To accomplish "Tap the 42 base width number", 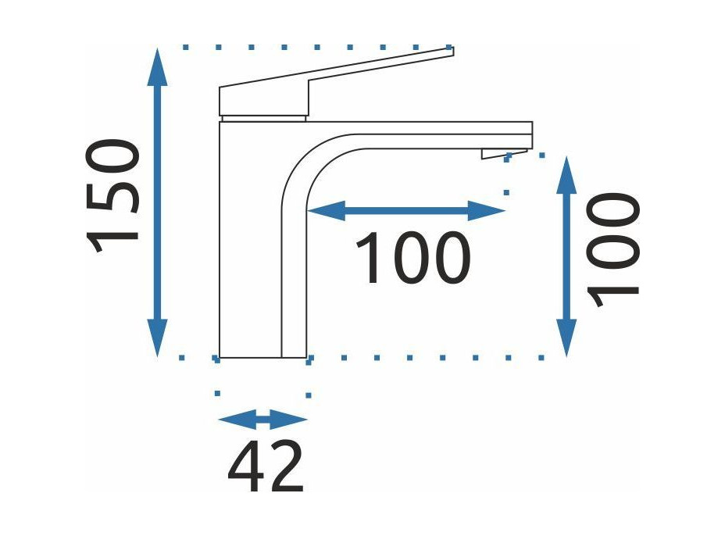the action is [x=266, y=467].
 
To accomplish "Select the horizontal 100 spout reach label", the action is [x=413, y=257].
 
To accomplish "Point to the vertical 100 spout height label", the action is [x=612, y=250].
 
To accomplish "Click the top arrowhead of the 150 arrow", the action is [x=157, y=67].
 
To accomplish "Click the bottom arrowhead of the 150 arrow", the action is [x=157, y=338].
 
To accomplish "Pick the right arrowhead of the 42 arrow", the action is [x=289, y=420].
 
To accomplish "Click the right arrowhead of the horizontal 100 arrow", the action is [x=486, y=211].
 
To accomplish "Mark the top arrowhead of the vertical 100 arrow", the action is [x=566, y=175].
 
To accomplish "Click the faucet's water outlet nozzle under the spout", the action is [x=505, y=154].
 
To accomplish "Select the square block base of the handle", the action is [x=263, y=100].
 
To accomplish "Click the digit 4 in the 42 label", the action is [x=246, y=467].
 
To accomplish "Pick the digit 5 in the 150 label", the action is [x=112, y=196].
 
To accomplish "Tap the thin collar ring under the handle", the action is [x=263, y=118].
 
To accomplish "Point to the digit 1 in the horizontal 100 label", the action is [x=366, y=257].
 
